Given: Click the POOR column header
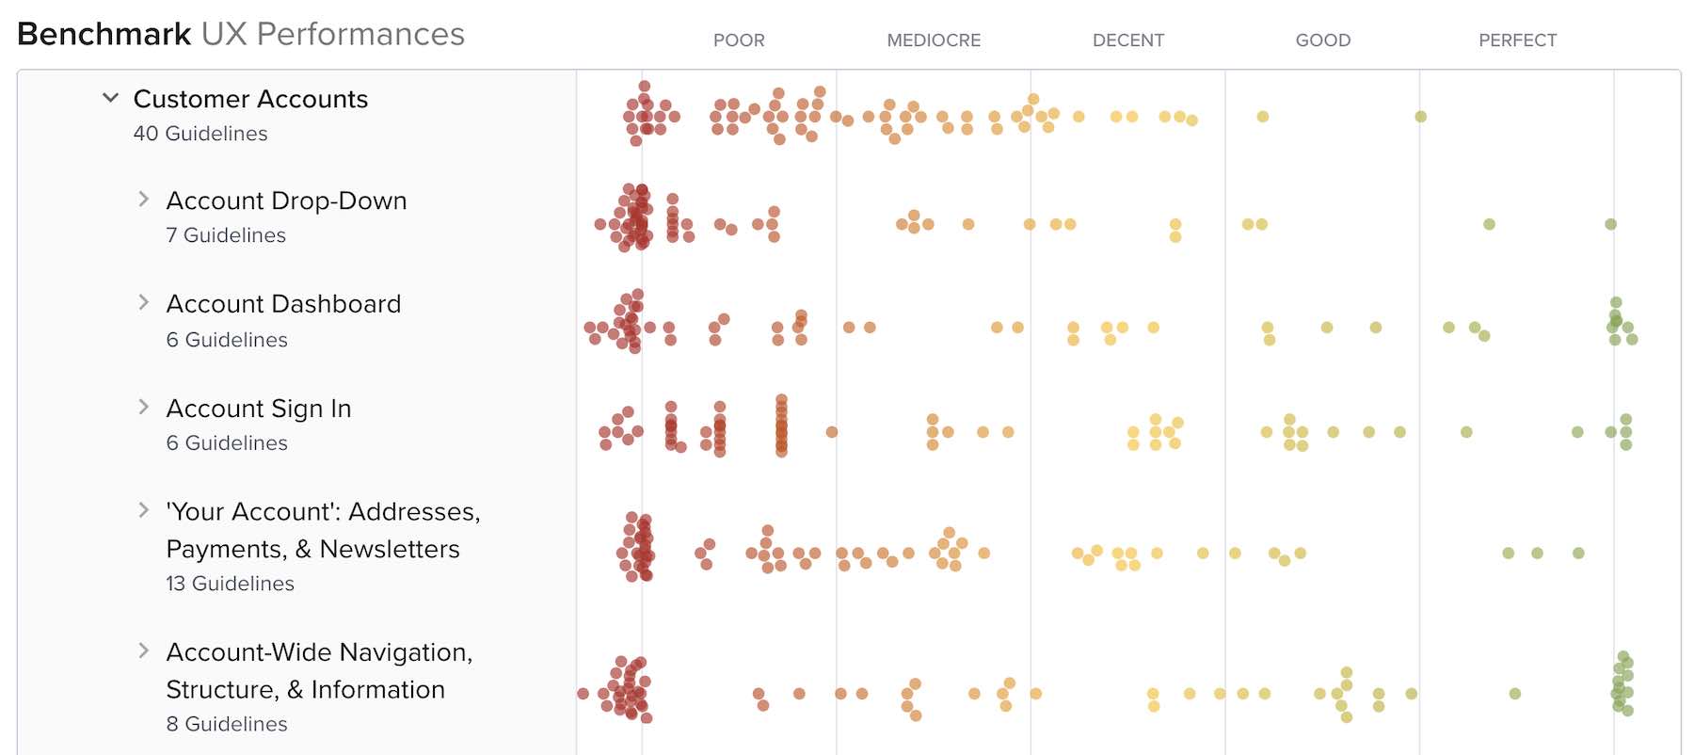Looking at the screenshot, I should pyautogui.click(x=739, y=40).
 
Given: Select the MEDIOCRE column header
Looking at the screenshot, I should pyautogui.click(x=934, y=40).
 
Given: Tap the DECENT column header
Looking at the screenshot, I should pyautogui.click(x=1127, y=40).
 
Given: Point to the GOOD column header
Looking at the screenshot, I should pyautogui.click(x=1322, y=40).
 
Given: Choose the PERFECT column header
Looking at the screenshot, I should pyautogui.click(x=1517, y=40).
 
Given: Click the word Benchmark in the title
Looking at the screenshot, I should pyautogui.click(x=104, y=34).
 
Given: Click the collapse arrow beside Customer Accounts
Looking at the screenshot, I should pyautogui.click(x=111, y=98).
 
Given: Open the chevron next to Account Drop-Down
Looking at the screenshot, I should pyautogui.click(x=143, y=199).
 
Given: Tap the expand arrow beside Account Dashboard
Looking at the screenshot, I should pyautogui.click(x=143, y=302).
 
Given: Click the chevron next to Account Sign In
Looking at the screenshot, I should pyautogui.click(x=143, y=407).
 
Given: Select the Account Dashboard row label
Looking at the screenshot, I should pyautogui.click(x=283, y=304).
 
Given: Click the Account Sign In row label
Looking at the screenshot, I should pyautogui.click(x=259, y=409).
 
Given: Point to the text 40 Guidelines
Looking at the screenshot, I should pyautogui.click(x=200, y=134).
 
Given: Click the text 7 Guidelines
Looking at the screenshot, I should pyautogui.click(x=226, y=235).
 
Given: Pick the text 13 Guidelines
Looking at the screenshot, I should pyautogui.click(x=230, y=584).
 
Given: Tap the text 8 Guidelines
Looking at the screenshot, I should pyautogui.click(x=227, y=724).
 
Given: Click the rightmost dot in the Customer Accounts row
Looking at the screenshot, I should pyautogui.click(x=1420, y=117).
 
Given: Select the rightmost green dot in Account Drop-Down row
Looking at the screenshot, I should pyautogui.click(x=1610, y=224).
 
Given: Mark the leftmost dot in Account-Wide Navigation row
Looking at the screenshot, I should pyautogui.click(x=583, y=694).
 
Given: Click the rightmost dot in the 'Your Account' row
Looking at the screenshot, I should pyautogui.click(x=1578, y=554).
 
